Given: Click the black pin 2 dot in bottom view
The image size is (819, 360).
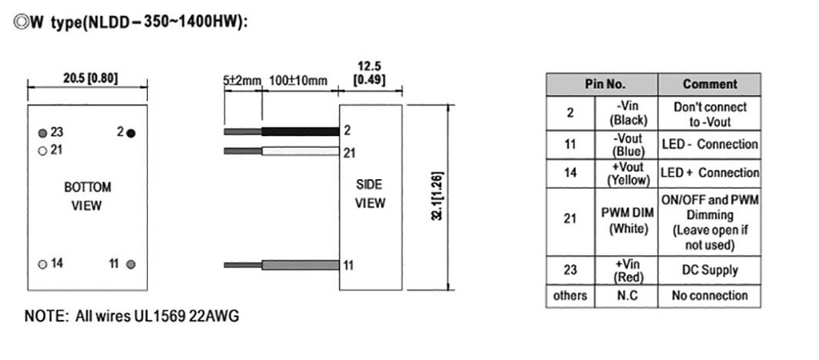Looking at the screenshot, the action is pyautogui.click(x=131, y=134).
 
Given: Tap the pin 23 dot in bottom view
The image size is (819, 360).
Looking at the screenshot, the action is pyautogui.click(x=43, y=134).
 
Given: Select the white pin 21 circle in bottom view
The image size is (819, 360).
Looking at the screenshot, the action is pyautogui.click(x=43, y=151).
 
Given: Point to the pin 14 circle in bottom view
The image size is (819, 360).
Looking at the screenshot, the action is pyautogui.click(x=43, y=264).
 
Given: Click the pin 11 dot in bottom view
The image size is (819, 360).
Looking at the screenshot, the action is pyautogui.click(x=131, y=264).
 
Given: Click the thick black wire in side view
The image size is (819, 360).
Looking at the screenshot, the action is pyautogui.click(x=301, y=131).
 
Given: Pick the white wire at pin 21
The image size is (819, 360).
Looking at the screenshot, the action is pyautogui.click(x=301, y=151).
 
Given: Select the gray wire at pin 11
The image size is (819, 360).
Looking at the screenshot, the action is pyautogui.click(x=301, y=265).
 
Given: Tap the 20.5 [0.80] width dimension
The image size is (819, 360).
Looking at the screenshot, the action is pyautogui.click(x=90, y=78).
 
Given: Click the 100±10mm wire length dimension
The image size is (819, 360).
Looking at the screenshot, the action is pyautogui.click(x=298, y=81).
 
